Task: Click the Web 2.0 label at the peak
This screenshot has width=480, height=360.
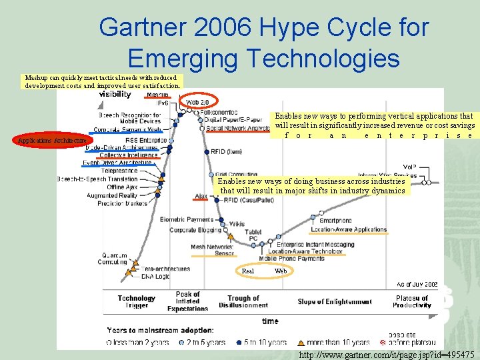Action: point(197,102)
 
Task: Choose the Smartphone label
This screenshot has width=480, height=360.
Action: point(335,221)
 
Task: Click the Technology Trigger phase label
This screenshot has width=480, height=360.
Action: point(137,301)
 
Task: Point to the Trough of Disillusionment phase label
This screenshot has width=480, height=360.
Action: point(243,302)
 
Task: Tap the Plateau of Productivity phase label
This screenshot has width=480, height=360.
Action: point(412,302)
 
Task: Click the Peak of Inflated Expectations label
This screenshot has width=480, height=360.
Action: point(187,301)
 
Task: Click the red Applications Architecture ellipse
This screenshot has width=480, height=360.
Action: point(52,141)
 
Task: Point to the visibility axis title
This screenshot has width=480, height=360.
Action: point(115,94)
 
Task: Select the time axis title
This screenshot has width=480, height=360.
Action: point(270,321)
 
